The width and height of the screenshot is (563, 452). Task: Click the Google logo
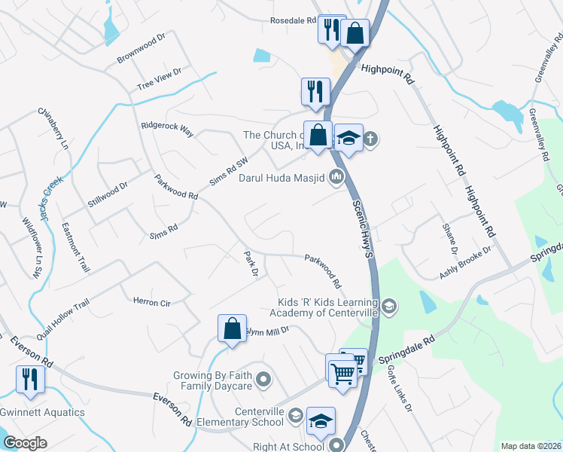tap(25, 443)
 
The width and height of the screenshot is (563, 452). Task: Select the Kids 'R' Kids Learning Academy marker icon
tap(388, 306)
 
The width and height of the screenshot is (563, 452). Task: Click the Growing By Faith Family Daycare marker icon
tap(263, 381)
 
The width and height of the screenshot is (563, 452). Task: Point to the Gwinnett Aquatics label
tap(42, 414)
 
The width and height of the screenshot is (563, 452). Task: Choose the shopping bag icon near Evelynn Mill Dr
tap(232, 329)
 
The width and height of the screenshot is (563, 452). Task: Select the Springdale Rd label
tap(407, 353)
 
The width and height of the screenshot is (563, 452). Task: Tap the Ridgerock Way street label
tap(168, 129)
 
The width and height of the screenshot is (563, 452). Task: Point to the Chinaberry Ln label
tap(53, 127)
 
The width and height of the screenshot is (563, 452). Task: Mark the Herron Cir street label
tap(151, 301)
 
